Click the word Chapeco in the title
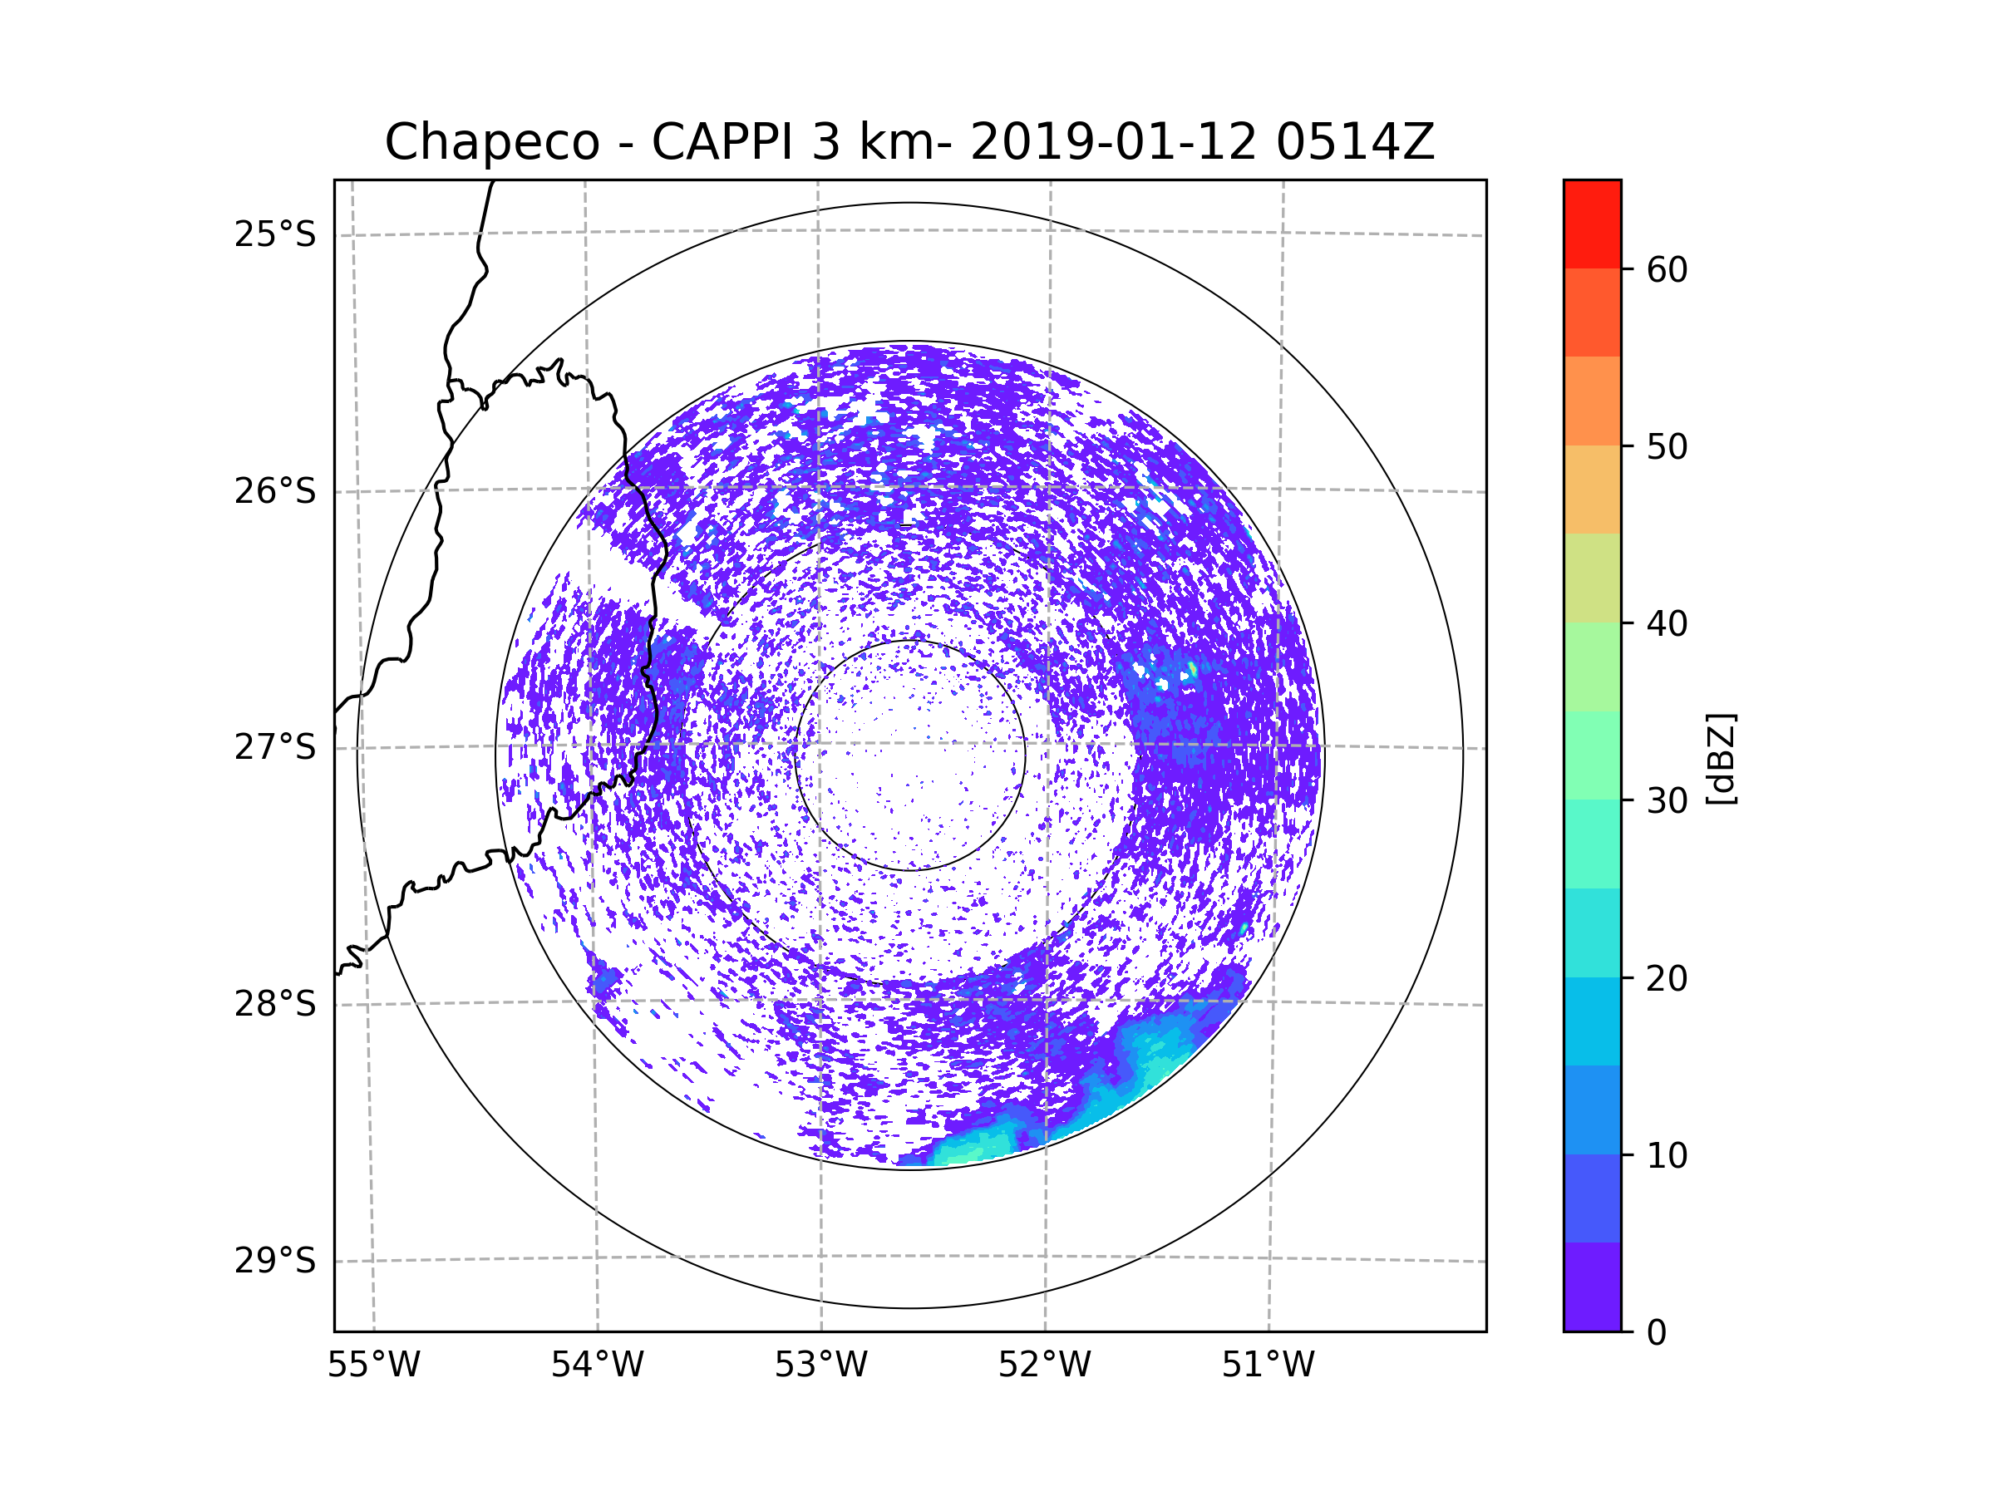(491, 142)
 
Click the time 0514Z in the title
(1354, 142)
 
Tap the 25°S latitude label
(275, 234)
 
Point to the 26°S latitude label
(275, 491)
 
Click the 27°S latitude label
(275, 747)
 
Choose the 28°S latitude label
(275, 1004)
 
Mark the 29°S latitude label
(275, 1261)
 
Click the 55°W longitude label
(373, 1366)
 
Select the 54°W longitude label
(597, 1366)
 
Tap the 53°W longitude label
(820, 1366)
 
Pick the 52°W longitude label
(1044, 1366)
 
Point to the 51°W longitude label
(1268, 1366)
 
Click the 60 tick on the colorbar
(1667, 269)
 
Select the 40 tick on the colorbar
(1667, 624)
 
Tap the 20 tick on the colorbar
(1667, 978)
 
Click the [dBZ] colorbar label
(1721, 758)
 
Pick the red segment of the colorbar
(1592, 224)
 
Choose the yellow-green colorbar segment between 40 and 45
(1592, 578)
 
